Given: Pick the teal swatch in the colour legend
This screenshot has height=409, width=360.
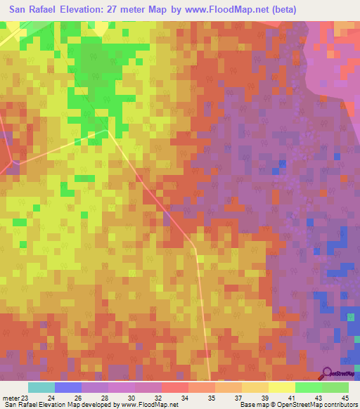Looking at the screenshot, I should click(x=41, y=387).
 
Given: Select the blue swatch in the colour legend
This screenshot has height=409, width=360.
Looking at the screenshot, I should click(x=68, y=387).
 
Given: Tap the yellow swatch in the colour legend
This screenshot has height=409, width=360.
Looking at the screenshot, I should click(x=281, y=387).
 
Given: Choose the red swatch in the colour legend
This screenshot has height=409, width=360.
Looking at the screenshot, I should click(x=174, y=387).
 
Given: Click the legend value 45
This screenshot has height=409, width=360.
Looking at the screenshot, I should click(x=344, y=397).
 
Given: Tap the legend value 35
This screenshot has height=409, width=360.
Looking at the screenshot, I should click(x=210, y=397).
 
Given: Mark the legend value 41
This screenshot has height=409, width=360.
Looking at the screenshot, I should click(x=290, y=397).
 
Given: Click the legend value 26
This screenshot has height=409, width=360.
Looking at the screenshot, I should click(x=77, y=397).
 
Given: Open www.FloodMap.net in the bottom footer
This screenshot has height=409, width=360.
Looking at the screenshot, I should click(x=151, y=405).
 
